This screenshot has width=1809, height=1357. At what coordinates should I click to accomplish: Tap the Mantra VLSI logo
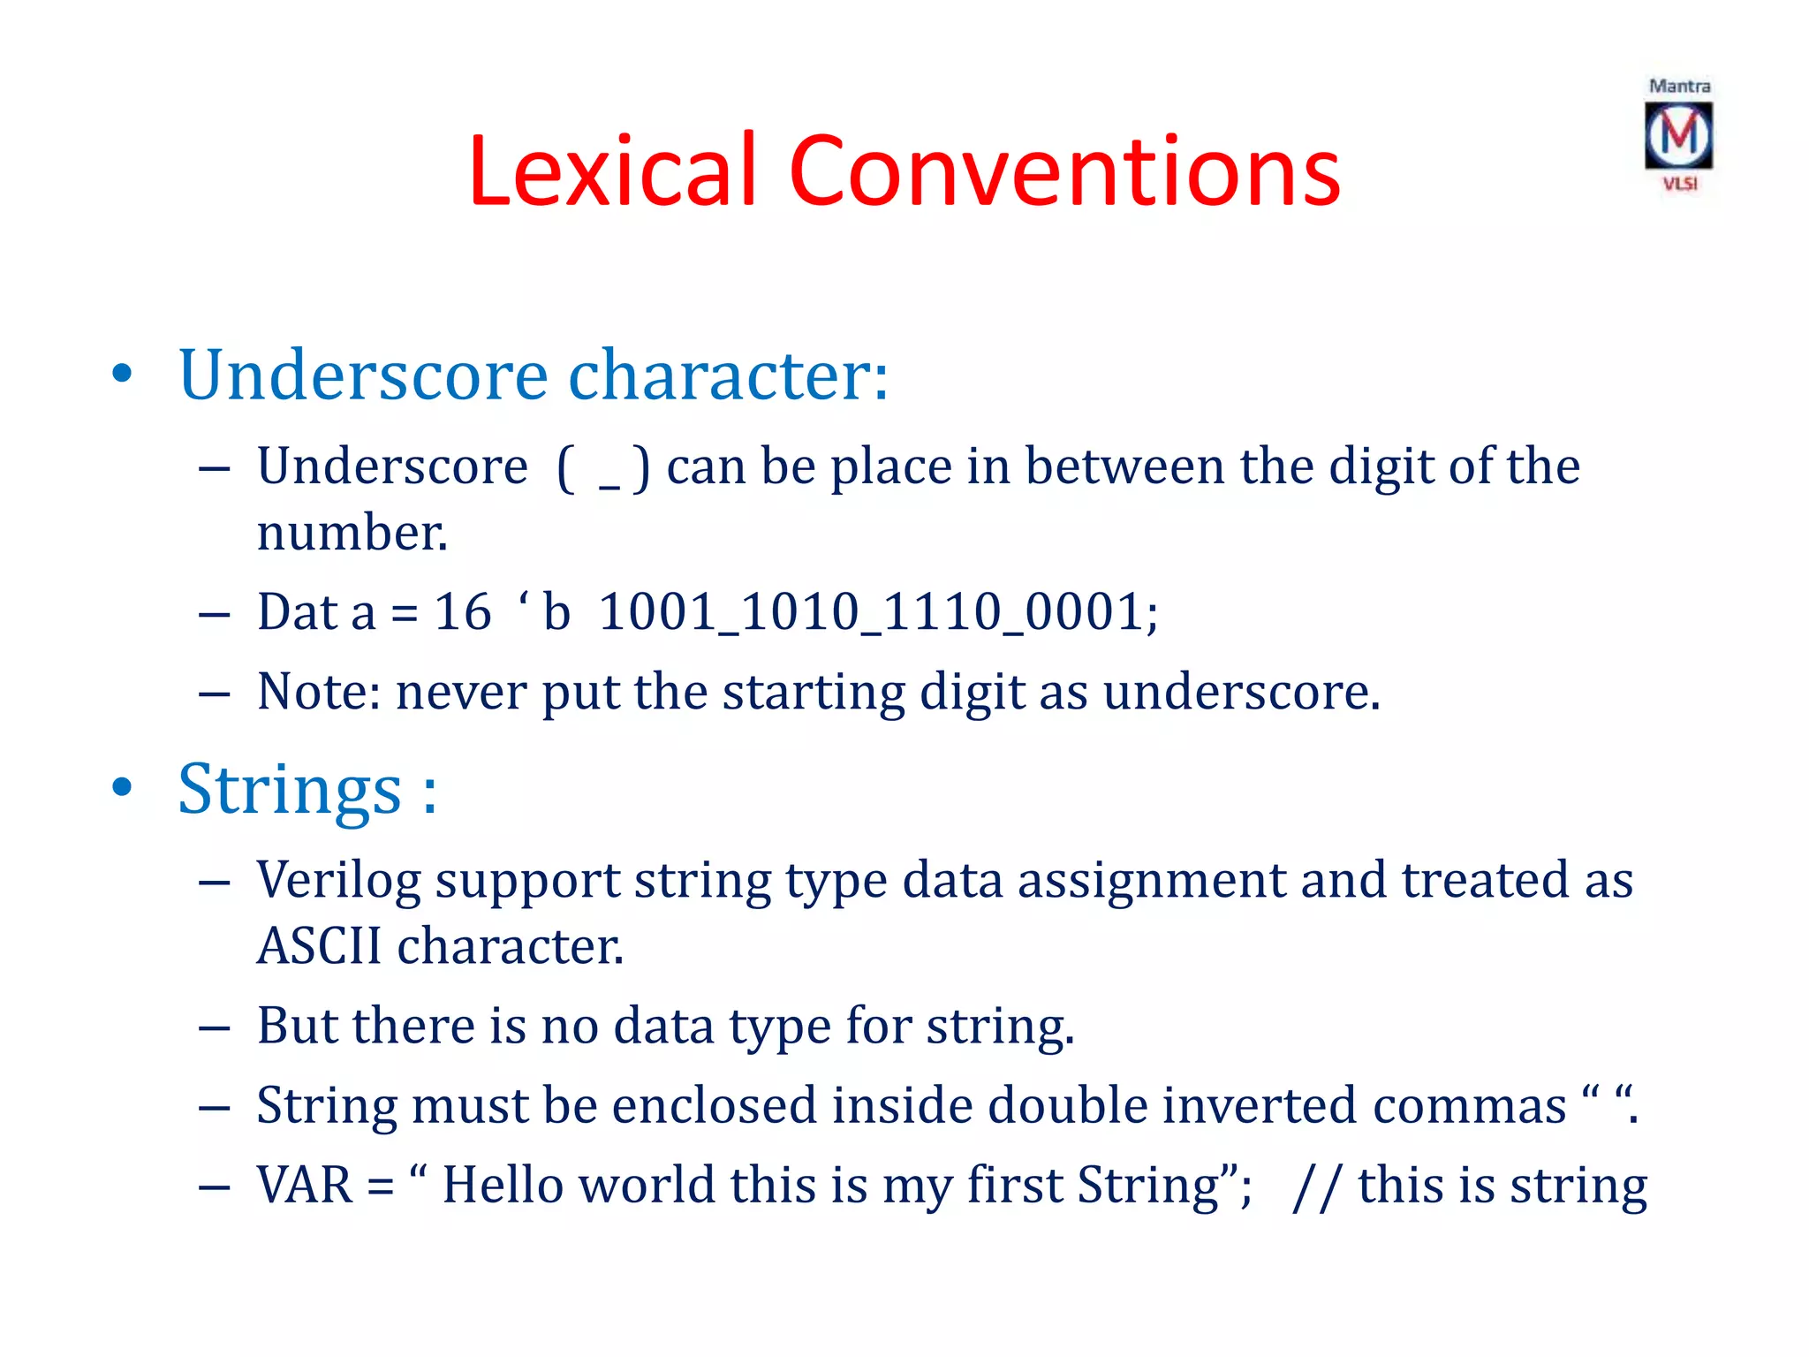tap(1678, 135)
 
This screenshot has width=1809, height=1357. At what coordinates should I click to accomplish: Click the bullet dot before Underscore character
tap(122, 375)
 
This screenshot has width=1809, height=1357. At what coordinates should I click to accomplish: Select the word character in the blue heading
tap(727, 375)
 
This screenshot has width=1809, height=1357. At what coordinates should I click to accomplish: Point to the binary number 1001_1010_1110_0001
tap(878, 611)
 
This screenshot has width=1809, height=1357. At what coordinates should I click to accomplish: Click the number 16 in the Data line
tap(462, 611)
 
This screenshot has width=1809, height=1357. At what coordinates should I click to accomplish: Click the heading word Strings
tap(290, 789)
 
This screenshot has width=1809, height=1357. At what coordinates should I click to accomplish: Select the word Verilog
tap(338, 881)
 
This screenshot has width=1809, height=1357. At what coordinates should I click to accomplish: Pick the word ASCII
tap(319, 945)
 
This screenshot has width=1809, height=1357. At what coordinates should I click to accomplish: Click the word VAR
tap(305, 1185)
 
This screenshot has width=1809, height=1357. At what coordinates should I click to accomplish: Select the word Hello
tap(503, 1185)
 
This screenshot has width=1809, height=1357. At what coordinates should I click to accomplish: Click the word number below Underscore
tap(352, 533)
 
